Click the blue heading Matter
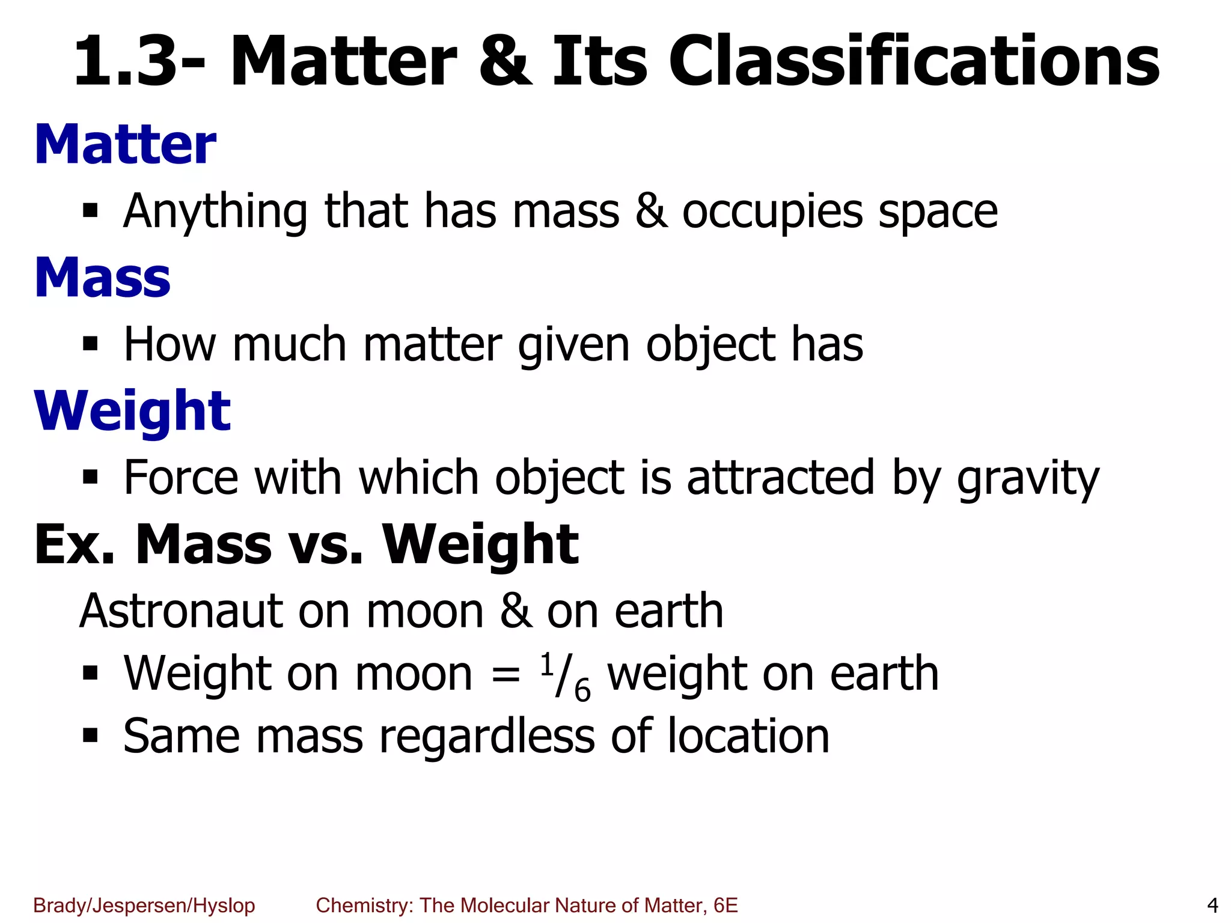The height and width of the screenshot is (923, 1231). tap(125, 145)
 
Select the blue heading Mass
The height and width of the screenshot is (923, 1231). tap(103, 278)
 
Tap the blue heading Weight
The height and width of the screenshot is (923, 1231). tap(133, 412)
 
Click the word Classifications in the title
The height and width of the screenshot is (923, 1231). tap(914, 62)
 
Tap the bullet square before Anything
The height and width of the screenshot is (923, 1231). tap(90, 212)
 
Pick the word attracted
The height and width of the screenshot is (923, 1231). tap(781, 478)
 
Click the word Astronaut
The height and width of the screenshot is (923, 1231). tap(181, 611)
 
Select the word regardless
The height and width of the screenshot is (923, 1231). tap(487, 737)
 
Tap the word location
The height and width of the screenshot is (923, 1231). tap(748, 737)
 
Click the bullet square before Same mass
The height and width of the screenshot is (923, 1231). tap(90, 736)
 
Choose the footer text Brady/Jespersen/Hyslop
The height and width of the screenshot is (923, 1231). tap(144, 905)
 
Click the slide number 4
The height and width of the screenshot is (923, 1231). tap(1212, 905)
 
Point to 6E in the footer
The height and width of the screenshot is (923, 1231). tap(725, 905)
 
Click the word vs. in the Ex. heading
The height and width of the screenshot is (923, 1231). tap(326, 545)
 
